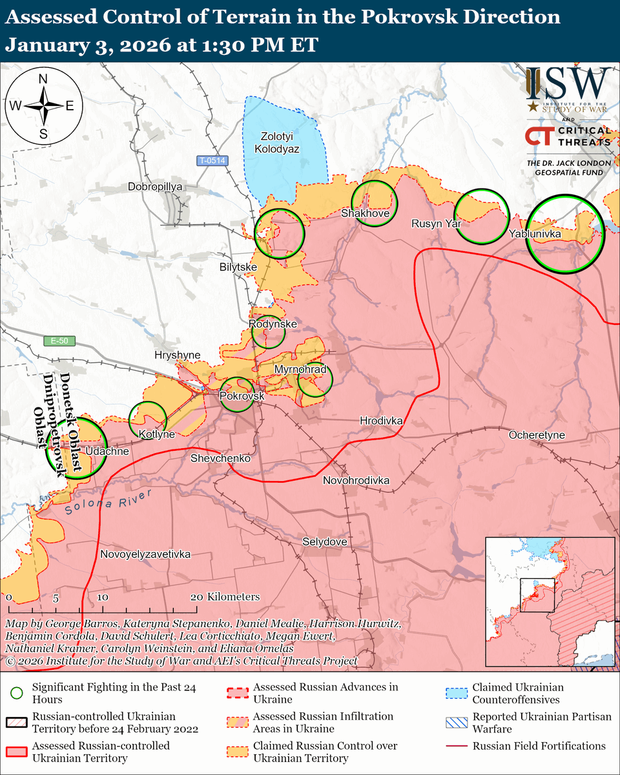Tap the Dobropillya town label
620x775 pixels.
click(x=156, y=186)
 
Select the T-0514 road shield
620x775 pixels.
click(x=212, y=160)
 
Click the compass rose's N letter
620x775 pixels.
click(x=43, y=79)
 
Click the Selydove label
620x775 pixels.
click(x=324, y=541)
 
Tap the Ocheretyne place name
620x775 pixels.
click(x=537, y=435)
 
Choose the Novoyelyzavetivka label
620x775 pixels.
click(x=145, y=554)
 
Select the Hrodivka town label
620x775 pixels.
click(x=381, y=420)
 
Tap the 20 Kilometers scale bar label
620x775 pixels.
click(x=226, y=597)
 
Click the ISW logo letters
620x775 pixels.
click(x=568, y=83)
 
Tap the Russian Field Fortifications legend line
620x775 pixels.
click(x=456, y=746)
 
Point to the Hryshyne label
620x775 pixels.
click(x=178, y=355)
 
